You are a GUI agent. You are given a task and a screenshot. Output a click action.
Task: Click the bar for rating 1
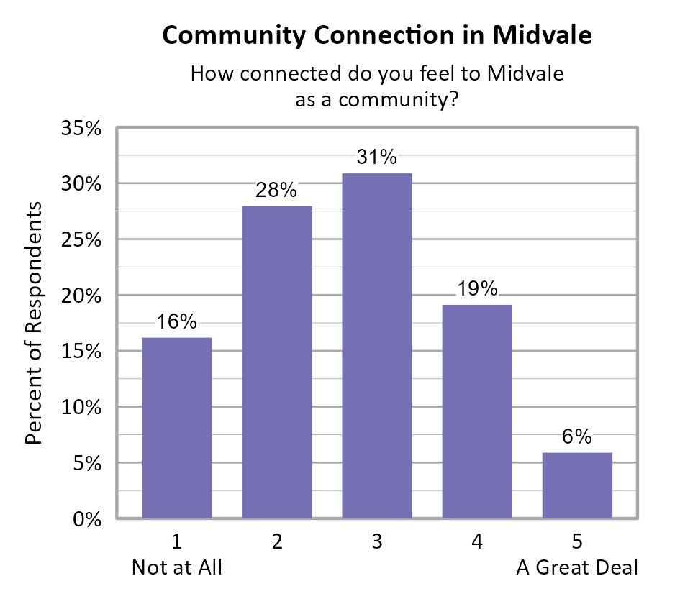click(177, 428)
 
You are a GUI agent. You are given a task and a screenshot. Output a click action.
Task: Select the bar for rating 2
click(277, 362)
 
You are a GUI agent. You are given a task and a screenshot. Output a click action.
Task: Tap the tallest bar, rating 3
click(377, 345)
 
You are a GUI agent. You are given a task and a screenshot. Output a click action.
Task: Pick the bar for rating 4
click(477, 411)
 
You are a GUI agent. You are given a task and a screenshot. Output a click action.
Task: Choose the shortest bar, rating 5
click(577, 485)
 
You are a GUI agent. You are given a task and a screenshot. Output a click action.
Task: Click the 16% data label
click(177, 321)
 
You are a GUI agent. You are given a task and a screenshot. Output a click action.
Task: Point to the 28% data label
click(277, 191)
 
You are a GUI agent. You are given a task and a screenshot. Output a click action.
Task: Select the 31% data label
click(377, 157)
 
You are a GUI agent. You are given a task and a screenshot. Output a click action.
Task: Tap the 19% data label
click(477, 289)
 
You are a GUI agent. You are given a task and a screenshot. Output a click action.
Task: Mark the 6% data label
click(577, 436)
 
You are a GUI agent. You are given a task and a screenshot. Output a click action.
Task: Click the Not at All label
click(177, 567)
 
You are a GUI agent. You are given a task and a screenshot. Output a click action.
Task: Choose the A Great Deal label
click(577, 567)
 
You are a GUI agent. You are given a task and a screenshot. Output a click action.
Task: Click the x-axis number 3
click(377, 542)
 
